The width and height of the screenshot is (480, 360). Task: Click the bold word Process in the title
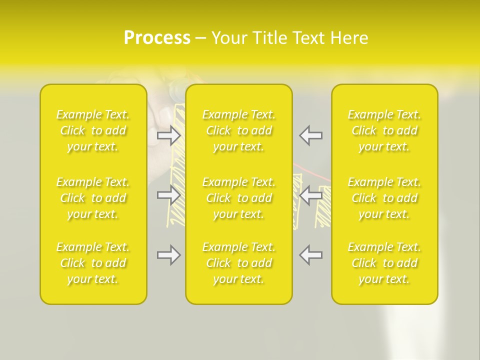click(157, 38)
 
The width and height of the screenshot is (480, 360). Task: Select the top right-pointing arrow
click(168, 135)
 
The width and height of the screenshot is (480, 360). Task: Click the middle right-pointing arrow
click(168, 195)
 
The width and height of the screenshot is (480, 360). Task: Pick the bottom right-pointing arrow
click(168, 255)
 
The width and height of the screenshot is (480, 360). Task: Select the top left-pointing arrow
click(311, 135)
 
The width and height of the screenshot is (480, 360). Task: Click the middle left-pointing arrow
click(311, 195)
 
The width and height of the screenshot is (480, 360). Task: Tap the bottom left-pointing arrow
click(311, 255)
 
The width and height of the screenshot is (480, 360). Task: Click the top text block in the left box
click(93, 130)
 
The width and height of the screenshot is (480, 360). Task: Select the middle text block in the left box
click(93, 198)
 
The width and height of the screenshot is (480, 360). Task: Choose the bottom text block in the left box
click(93, 263)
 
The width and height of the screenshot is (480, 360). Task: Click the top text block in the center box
click(238, 130)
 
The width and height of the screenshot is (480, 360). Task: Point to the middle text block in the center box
click(238, 198)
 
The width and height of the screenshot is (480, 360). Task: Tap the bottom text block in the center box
click(238, 263)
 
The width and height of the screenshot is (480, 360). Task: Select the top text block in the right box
click(384, 130)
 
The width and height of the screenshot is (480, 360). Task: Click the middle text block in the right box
click(384, 198)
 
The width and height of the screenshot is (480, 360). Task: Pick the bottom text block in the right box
click(384, 263)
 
